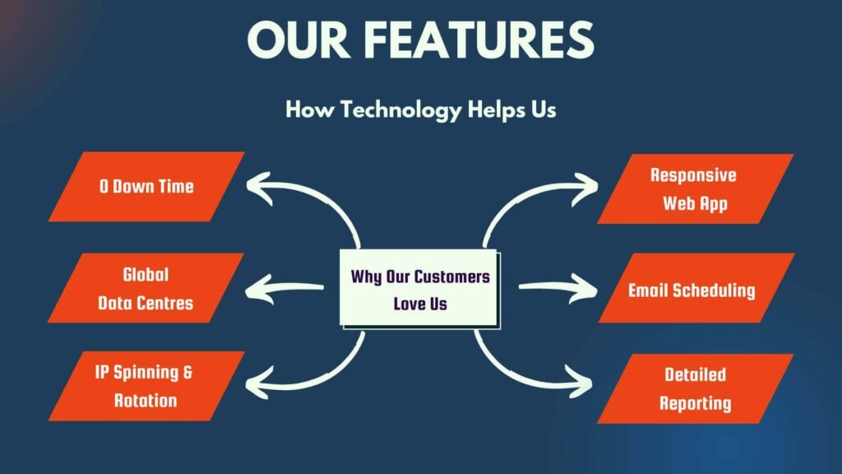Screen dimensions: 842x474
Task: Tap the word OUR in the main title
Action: (298, 39)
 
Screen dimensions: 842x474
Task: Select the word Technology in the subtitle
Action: (401, 110)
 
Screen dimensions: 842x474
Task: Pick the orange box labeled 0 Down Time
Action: (146, 187)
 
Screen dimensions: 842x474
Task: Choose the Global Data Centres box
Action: (146, 288)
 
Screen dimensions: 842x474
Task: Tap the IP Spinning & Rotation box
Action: (146, 386)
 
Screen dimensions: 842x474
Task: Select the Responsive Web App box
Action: (696, 188)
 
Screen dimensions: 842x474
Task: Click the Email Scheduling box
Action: (696, 288)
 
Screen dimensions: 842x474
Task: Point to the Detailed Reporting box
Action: (696, 388)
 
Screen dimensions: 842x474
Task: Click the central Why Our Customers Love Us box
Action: (419, 289)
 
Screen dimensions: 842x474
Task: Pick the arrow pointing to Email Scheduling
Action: (558, 287)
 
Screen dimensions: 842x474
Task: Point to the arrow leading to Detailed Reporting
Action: (518, 376)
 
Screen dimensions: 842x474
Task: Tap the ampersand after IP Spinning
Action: (187, 372)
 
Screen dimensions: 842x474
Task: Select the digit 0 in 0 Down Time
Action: (104, 187)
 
